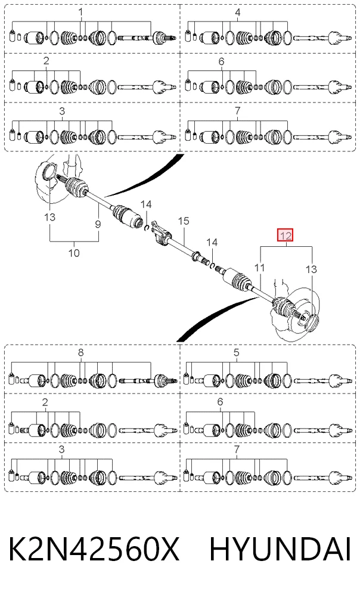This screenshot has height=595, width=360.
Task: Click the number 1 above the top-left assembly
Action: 80,13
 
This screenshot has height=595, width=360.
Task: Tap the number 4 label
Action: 237,13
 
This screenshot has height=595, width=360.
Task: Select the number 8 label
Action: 80,352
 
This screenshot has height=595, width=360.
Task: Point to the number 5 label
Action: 237,352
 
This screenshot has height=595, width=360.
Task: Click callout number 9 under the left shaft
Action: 98,224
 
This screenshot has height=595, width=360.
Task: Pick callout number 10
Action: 74,253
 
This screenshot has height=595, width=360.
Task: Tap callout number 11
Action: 259,268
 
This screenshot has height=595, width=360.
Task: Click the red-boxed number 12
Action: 285,236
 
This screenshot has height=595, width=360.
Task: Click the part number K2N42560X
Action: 94,549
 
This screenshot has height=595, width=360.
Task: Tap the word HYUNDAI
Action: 281,549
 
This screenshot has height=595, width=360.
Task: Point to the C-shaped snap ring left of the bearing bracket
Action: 145,227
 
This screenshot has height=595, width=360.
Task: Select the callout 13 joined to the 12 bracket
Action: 311,269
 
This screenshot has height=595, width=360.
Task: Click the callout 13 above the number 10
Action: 49,217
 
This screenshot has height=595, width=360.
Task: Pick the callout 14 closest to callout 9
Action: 146,204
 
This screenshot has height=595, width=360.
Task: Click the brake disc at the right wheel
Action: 300,308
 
